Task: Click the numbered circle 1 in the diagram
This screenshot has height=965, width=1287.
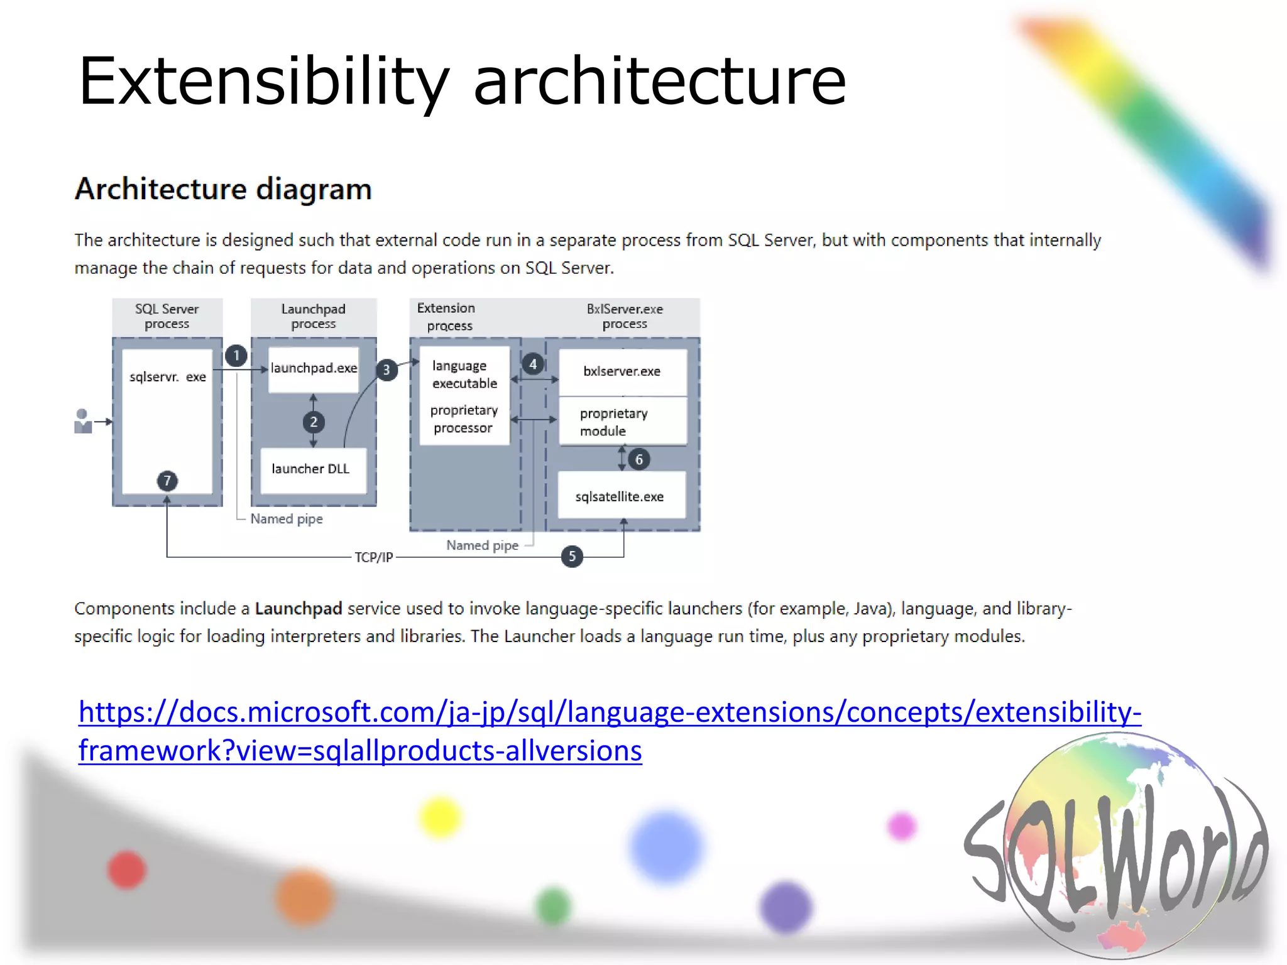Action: [236, 356]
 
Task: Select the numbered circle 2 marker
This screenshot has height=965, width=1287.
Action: [314, 422]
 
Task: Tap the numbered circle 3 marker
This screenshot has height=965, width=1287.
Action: [386, 370]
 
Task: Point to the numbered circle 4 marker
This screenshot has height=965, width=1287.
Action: [533, 364]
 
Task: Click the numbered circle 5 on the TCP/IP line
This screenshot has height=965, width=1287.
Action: [572, 556]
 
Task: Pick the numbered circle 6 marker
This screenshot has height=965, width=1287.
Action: [639, 459]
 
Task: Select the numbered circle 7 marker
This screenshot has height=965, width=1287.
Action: [167, 481]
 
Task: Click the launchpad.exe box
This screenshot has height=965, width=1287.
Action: [314, 369]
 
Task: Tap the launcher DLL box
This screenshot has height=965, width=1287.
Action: [312, 469]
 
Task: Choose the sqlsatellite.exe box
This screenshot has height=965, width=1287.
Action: [621, 496]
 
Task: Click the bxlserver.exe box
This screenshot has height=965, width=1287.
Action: [622, 372]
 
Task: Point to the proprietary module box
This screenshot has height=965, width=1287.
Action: [622, 422]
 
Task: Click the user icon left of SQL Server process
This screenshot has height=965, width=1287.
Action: [83, 422]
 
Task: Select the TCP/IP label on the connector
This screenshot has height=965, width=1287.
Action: [373, 557]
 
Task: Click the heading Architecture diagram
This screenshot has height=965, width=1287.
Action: [223, 189]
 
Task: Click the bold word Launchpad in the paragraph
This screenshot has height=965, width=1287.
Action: [298, 608]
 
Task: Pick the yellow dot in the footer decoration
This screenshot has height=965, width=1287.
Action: [440, 817]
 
